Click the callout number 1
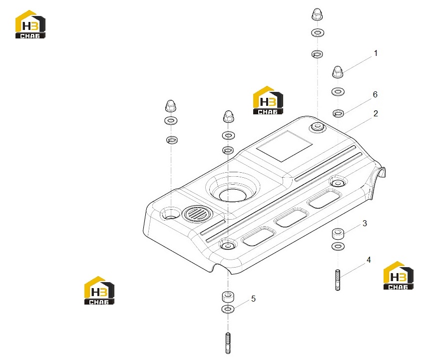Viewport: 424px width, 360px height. click(376, 53)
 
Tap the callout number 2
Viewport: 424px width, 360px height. click(376, 113)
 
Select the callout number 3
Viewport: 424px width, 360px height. click(365, 223)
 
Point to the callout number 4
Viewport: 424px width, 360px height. click(369, 260)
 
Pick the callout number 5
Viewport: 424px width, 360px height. click(253, 299)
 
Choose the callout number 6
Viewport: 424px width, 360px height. click(375, 94)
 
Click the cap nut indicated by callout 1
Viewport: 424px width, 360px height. click(338, 72)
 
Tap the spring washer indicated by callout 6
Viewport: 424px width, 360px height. click(338, 113)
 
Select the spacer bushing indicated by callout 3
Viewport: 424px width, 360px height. click(338, 234)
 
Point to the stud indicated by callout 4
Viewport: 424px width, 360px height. click(338, 280)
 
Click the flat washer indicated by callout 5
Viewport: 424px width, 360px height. click(228, 309)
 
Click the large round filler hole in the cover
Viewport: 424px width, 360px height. click(233, 195)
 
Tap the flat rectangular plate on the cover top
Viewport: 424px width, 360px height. click(285, 146)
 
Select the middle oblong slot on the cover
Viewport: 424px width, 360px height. click(291, 218)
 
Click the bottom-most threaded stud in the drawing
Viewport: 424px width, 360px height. click(228, 343)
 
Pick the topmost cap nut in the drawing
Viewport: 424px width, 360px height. click(317, 14)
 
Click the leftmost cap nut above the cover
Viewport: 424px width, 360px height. click(171, 106)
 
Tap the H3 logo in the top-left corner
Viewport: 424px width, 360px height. click(30, 24)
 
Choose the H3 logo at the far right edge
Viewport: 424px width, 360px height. click(399, 276)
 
